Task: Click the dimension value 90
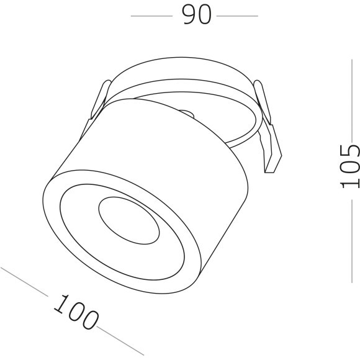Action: point(196,14)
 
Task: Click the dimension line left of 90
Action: point(151,16)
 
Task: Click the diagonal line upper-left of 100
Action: point(25,281)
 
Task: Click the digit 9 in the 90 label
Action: point(188,14)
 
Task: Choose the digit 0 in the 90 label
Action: point(204,14)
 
